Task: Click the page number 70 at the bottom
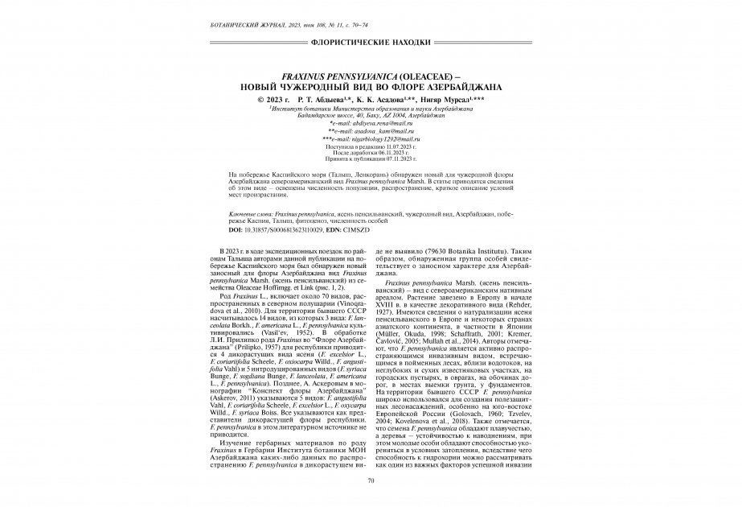click(x=371, y=480)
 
